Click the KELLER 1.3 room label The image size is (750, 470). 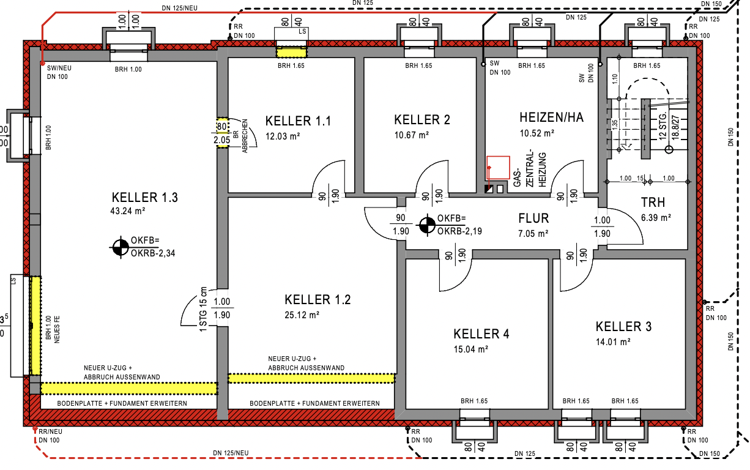pyautogui.click(x=145, y=198)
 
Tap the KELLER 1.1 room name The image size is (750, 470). pyautogui.click(x=298, y=121)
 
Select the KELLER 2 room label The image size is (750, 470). pyautogui.click(x=422, y=120)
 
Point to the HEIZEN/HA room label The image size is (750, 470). pyautogui.click(x=551, y=118)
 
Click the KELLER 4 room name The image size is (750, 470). pyautogui.click(x=481, y=334)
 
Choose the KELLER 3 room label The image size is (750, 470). pyautogui.click(x=623, y=326)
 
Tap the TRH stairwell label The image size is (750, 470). pyautogui.click(x=653, y=203)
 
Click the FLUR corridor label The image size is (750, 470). pyautogui.click(x=533, y=218)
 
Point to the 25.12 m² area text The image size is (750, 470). pyautogui.click(x=302, y=315)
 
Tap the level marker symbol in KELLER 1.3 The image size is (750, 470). pyautogui.click(x=119, y=247)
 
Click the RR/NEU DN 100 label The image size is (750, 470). pyautogui.click(x=50, y=435)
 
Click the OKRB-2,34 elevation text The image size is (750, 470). pyautogui.click(x=151, y=252)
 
